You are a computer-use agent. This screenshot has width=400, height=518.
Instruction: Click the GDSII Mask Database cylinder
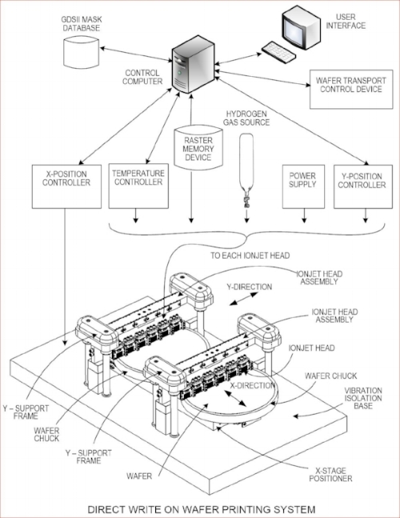(x=81, y=52)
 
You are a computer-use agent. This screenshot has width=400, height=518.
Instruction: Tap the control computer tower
(x=193, y=68)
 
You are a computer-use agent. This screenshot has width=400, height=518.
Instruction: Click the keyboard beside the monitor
(x=278, y=52)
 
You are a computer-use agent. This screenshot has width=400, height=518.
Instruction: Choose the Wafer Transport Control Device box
(x=351, y=89)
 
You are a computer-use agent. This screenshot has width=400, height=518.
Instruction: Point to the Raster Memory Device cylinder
(x=198, y=147)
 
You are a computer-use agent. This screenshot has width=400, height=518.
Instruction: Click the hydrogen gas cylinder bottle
(x=246, y=161)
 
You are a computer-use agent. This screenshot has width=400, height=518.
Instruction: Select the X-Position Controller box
(x=66, y=187)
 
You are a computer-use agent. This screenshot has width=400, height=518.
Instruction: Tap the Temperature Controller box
(x=138, y=186)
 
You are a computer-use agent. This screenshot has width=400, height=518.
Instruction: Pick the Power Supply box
(x=303, y=187)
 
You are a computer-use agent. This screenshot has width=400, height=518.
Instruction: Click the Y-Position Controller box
(x=363, y=187)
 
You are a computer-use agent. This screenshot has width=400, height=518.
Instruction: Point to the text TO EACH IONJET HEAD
(x=250, y=255)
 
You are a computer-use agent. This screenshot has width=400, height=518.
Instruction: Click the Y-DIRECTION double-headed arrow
(x=243, y=299)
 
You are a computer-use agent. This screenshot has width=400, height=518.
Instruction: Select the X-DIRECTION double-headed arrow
(x=235, y=399)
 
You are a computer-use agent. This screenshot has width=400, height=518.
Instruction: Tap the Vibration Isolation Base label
(x=363, y=398)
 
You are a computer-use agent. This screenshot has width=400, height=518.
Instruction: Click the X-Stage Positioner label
(x=330, y=475)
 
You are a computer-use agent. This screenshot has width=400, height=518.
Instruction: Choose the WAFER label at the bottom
(x=139, y=476)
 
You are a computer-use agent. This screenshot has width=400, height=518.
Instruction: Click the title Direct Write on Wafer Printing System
(x=202, y=509)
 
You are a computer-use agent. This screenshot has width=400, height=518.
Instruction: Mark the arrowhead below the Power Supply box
(x=304, y=220)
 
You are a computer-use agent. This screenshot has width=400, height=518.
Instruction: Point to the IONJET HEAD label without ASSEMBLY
(x=311, y=347)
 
